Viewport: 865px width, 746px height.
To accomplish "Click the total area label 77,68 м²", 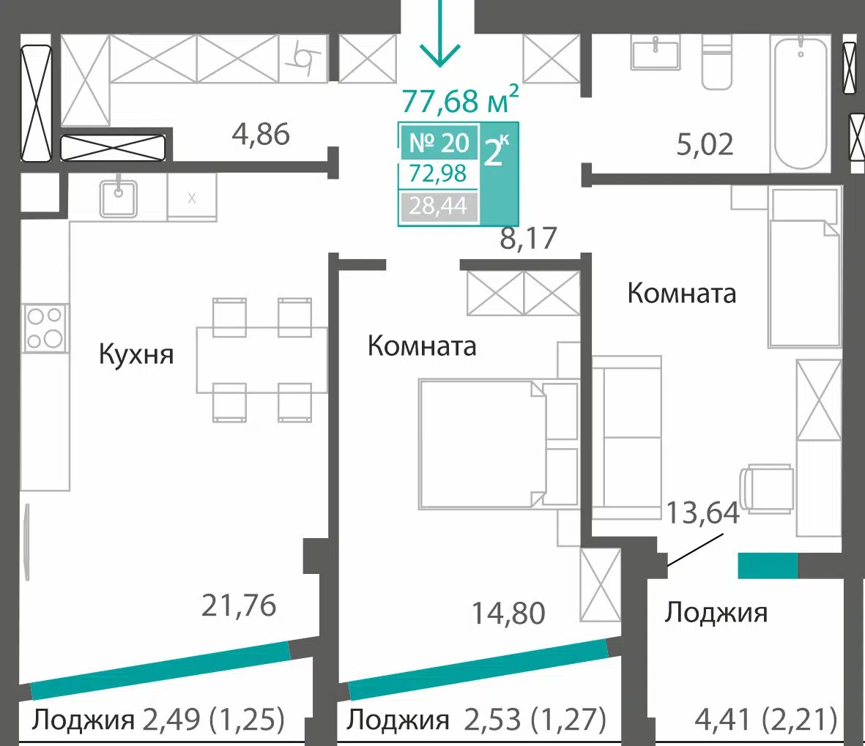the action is (x=460, y=100).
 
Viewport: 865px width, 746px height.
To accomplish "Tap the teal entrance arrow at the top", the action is (x=439, y=33).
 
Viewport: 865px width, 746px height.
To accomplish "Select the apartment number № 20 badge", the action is (x=439, y=143).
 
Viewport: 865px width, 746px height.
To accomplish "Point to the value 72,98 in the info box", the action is (x=438, y=174).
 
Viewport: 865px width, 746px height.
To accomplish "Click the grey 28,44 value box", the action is (x=439, y=206).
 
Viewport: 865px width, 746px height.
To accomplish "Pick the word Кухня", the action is (x=136, y=354).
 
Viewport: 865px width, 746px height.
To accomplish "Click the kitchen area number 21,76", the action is (x=239, y=605).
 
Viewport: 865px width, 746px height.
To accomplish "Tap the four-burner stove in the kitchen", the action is (x=45, y=328).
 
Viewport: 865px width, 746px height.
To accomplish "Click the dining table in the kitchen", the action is (x=262, y=359).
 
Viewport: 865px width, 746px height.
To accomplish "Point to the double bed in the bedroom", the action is (x=483, y=444).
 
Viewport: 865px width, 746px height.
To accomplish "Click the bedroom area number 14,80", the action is (x=508, y=613).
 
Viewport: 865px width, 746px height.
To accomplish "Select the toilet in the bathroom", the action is (x=716, y=63).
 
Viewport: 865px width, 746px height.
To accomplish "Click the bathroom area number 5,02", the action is (x=705, y=144).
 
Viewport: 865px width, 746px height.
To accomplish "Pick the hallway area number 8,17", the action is (x=529, y=238).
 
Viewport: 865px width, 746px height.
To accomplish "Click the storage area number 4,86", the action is (x=261, y=135).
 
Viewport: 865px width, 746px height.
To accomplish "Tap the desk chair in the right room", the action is (x=766, y=488).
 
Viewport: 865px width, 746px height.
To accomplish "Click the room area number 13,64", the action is (x=703, y=512).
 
